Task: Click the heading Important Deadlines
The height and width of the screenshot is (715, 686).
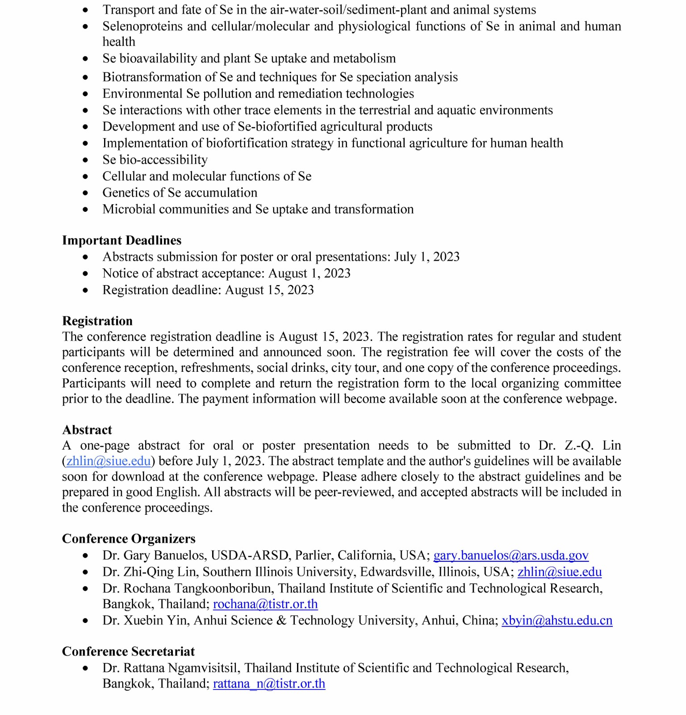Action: [x=121, y=240]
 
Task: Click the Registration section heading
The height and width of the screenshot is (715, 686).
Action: [x=97, y=321]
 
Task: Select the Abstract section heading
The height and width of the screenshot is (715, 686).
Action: [x=87, y=430]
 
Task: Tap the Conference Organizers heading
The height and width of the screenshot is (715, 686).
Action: [x=129, y=538]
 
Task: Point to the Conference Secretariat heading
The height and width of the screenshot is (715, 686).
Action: [x=128, y=652]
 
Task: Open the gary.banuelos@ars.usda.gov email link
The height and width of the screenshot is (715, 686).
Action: [x=511, y=555]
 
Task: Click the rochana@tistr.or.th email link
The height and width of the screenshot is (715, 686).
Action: [x=265, y=604]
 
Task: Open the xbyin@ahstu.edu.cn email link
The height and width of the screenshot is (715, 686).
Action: [x=557, y=621]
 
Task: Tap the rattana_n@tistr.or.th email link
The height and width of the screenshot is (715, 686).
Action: [x=269, y=684]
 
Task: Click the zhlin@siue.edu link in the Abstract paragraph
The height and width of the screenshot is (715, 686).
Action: [x=109, y=461]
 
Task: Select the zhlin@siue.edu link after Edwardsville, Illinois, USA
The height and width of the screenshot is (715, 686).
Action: [x=560, y=572]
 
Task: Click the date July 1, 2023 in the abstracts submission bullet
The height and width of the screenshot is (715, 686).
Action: [x=427, y=257]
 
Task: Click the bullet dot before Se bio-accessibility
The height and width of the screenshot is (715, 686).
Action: [x=85, y=160]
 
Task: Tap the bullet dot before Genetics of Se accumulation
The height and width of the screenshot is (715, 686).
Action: [x=85, y=193]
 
